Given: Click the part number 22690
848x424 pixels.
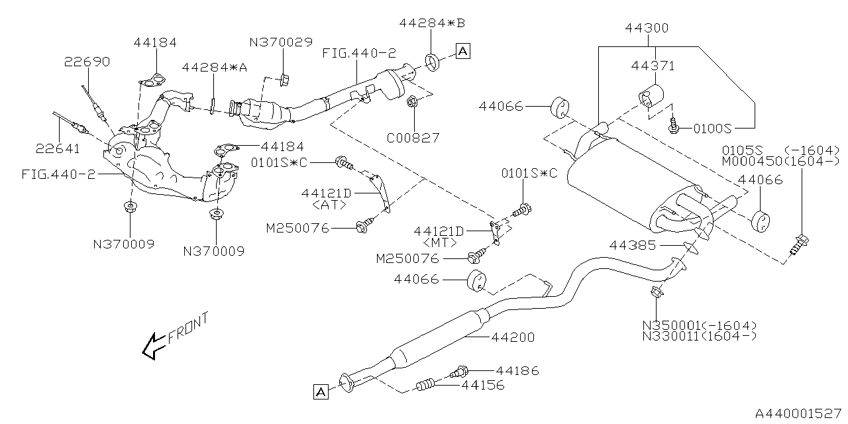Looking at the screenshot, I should [x=87, y=62].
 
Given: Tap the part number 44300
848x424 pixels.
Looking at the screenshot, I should [x=647, y=28].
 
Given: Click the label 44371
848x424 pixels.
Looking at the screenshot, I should [x=653, y=66].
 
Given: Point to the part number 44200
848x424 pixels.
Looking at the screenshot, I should [x=513, y=337].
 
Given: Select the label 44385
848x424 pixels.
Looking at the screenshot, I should [x=633, y=246].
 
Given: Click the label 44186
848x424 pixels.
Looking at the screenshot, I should [x=517, y=371].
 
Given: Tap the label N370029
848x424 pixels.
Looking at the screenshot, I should [x=280, y=42].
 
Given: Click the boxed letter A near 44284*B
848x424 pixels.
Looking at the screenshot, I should [x=462, y=50].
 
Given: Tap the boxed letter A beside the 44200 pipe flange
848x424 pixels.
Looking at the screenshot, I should [x=320, y=392].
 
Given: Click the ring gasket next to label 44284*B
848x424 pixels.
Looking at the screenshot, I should [x=431, y=62].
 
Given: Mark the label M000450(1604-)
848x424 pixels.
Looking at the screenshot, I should [x=780, y=161].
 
